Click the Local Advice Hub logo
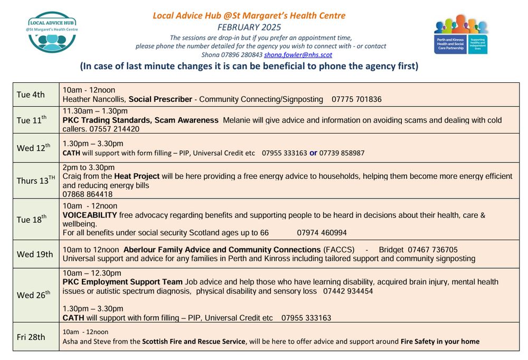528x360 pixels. (x=52, y=32)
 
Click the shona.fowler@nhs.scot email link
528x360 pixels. (x=298, y=54)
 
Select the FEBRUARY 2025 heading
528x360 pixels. (x=249, y=27)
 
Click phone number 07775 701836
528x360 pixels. (x=356, y=99)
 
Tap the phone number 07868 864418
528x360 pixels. (x=87, y=194)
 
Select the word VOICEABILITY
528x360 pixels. (x=90, y=215)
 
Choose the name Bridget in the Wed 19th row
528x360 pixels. (x=391, y=250)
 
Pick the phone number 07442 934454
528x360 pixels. (x=348, y=291)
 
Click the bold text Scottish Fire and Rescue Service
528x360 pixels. (x=194, y=342)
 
